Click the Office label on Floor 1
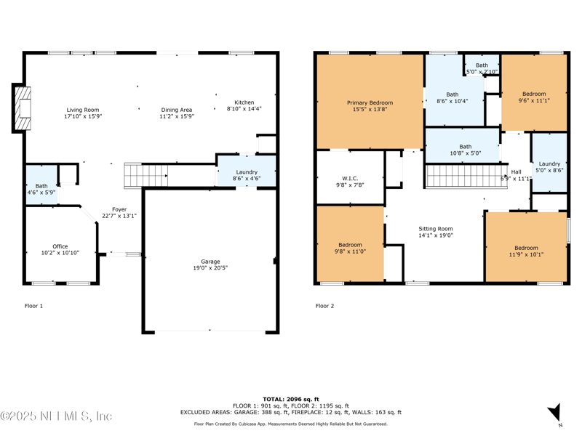pyautogui.click(x=60, y=246)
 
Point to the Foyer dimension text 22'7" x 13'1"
pyautogui.click(x=119, y=216)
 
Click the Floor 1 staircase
pyautogui.click(x=146, y=174)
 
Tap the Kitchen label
pyautogui.click(x=244, y=102)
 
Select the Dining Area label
pyautogui.click(x=177, y=110)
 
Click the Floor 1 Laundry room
pyautogui.click(x=247, y=172)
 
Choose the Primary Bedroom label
pyautogui.click(x=370, y=103)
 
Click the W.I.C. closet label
pyautogui.click(x=350, y=178)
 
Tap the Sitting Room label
pyautogui.click(x=435, y=229)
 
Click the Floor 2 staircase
pyautogui.click(x=461, y=176)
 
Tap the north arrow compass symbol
pyautogui.click(x=555, y=413)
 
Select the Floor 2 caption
pyautogui.click(x=324, y=306)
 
